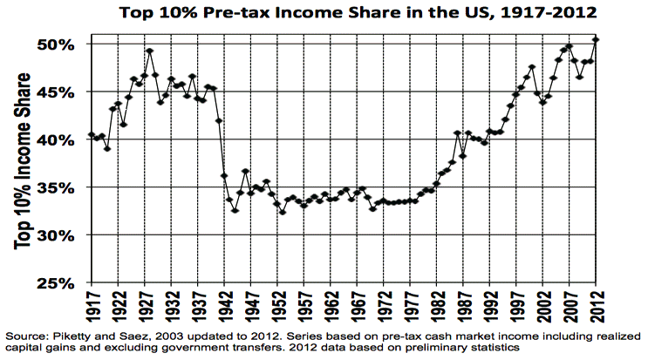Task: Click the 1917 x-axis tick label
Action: click(92, 307)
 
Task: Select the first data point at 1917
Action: click(92, 135)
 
